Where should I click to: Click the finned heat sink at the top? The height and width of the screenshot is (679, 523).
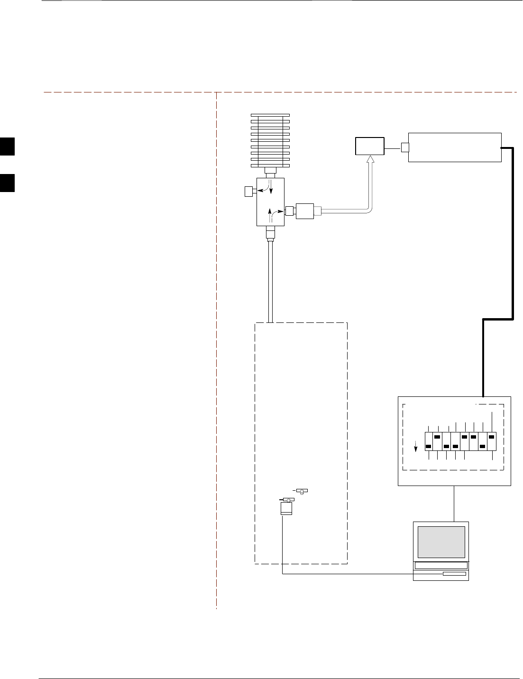(270, 140)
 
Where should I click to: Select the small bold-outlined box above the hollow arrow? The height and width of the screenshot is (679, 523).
(370, 147)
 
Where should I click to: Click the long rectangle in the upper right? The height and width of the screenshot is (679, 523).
(455, 147)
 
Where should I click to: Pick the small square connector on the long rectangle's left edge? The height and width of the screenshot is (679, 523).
(404, 147)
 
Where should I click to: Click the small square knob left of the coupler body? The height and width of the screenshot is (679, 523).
(248, 192)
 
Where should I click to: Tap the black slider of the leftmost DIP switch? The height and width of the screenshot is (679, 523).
(429, 446)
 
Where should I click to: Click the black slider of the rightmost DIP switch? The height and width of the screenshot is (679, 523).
(492, 437)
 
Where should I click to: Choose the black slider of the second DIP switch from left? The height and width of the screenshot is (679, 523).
(437, 437)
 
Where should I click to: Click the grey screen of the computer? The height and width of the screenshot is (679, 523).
(441, 541)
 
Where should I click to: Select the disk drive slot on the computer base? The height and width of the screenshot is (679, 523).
(454, 574)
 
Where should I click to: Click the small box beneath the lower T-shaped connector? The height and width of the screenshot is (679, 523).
(285, 509)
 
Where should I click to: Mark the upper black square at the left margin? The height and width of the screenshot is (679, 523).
(7, 146)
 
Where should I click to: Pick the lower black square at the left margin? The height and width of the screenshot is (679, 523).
(7, 183)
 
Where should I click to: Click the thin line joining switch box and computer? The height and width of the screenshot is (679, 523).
(454, 503)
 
